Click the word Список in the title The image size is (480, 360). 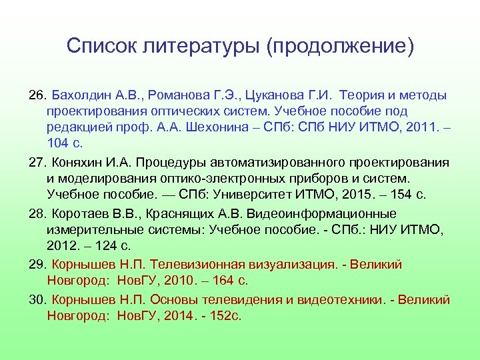click(101, 47)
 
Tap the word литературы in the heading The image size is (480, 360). click(201, 47)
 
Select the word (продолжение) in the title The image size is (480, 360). click(339, 47)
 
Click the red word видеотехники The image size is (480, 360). click(339, 299)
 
